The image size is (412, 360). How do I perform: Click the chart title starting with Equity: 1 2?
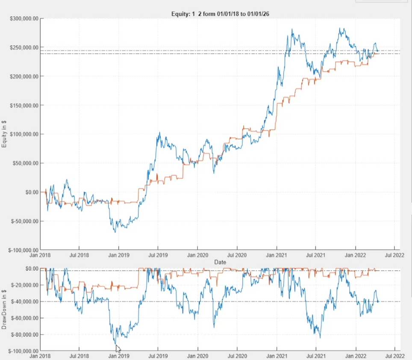(220, 14)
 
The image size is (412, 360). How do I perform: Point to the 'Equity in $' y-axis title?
(4, 133)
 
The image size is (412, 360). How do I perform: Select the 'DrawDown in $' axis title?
(4, 309)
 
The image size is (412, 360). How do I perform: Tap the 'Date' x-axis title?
(220, 262)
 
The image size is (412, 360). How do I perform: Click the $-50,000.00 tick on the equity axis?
(24, 221)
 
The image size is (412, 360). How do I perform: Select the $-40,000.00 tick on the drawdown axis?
(25, 302)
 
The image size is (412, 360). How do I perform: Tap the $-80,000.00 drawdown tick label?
(25, 335)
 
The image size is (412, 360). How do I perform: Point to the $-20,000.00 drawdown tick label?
(25, 285)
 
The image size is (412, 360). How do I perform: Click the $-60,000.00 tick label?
(25, 318)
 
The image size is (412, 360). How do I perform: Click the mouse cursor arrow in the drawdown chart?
(118, 348)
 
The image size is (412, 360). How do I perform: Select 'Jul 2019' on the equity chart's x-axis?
(158, 256)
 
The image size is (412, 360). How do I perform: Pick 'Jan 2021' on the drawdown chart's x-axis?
(277, 355)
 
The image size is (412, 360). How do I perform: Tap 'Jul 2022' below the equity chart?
(394, 256)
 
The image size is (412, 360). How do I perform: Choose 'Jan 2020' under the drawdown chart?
(197, 355)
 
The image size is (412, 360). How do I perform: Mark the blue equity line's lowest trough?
(115, 232)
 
